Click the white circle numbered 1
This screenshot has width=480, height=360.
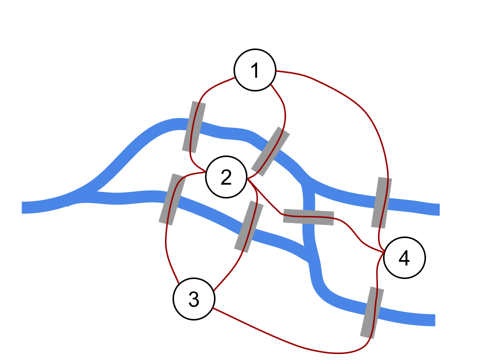[255, 70]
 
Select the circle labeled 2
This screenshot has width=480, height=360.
[226, 177]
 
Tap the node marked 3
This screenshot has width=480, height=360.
[193, 299]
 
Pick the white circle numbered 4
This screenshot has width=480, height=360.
[404, 258]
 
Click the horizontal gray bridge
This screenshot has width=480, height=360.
[308, 217]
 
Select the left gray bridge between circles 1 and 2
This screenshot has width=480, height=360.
[194, 126]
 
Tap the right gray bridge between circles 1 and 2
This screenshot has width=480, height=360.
[270, 151]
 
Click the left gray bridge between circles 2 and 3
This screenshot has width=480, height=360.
[172, 199]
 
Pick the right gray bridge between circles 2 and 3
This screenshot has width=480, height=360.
[249, 226]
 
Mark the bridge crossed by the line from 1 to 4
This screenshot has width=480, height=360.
[381, 202]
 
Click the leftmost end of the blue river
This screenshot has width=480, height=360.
[23, 207]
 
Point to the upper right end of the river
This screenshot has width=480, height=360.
[437, 209]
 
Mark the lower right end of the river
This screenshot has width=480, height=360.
[433, 320]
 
